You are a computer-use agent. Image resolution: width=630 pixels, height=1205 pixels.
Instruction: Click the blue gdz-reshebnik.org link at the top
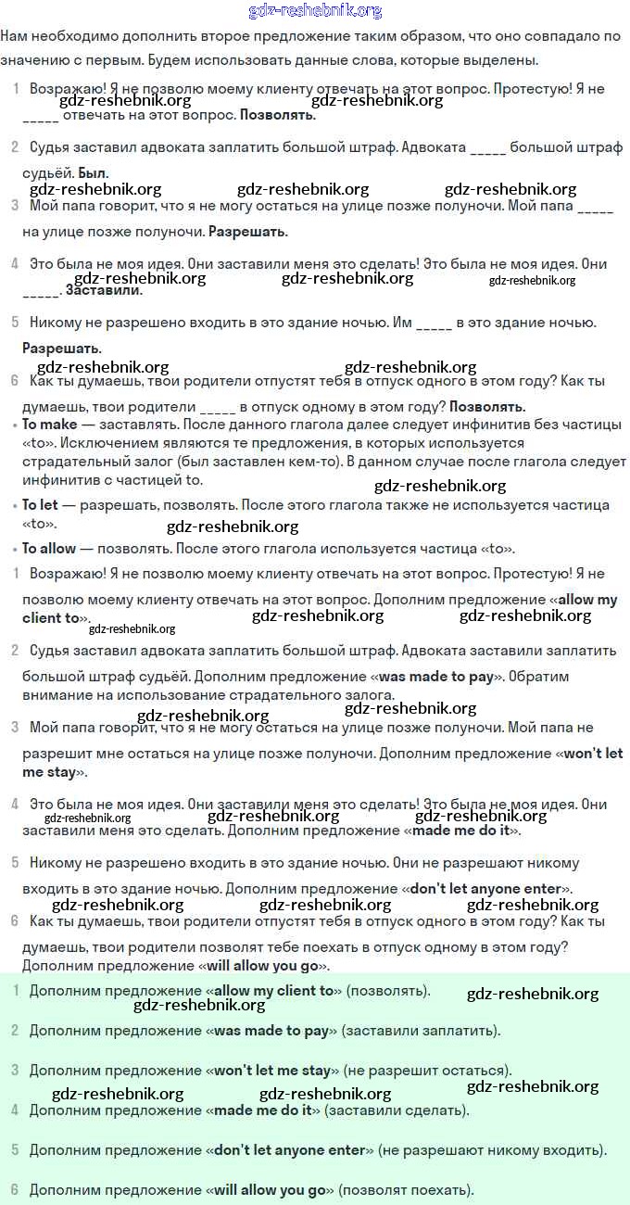tap(315, 11)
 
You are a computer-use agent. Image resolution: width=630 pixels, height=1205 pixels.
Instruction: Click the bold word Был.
tap(93, 173)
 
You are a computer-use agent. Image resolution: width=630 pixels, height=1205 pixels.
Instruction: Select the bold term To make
tap(50, 425)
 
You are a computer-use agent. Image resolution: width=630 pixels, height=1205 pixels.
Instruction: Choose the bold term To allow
tap(49, 549)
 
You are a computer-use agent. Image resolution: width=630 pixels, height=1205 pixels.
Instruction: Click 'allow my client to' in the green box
tap(273, 991)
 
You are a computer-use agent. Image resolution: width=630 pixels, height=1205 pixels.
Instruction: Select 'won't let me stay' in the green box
tap(272, 1071)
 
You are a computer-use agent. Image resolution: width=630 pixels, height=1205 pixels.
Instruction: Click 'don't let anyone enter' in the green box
tap(290, 1150)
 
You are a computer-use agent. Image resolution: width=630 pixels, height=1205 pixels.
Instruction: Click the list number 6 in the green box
tap(15, 1189)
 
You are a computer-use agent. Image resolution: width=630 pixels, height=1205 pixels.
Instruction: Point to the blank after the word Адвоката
tap(488, 148)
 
